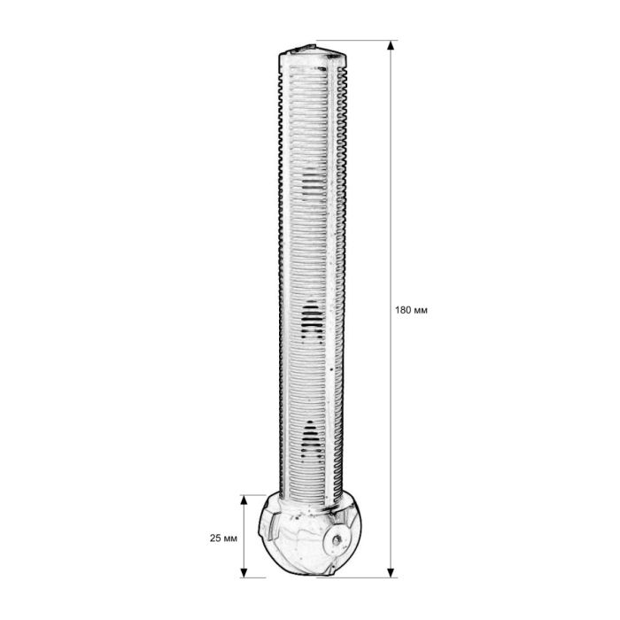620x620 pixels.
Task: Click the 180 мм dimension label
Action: pos(411,310)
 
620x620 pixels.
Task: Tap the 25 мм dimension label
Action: pos(223,539)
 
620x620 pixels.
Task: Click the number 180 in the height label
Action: pos(403,310)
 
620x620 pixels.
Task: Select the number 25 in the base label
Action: pos(214,539)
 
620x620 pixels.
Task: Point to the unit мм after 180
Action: pos(421,310)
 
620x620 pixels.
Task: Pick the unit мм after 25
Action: pos(230,539)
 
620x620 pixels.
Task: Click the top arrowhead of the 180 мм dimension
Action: pos(391,45)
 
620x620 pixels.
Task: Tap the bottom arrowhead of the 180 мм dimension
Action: pos(391,572)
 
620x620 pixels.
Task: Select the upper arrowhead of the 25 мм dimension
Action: pos(244,500)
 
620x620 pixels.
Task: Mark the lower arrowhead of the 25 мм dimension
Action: pos(244,572)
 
